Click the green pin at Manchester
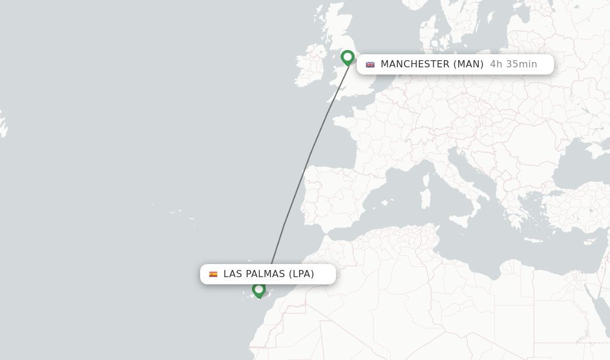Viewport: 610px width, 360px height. pos(348,57)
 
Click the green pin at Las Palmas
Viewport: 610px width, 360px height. pos(259,290)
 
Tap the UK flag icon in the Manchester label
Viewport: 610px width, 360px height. pos(370,64)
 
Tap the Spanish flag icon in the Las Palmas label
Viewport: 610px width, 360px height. pos(213,274)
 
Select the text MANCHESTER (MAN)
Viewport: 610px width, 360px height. pos(432,64)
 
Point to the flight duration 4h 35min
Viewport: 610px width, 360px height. pos(513,64)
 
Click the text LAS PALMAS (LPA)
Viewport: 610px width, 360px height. pos(269,274)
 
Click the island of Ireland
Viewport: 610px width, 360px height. pos(309,66)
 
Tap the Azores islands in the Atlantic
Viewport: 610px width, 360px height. pos(176,212)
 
